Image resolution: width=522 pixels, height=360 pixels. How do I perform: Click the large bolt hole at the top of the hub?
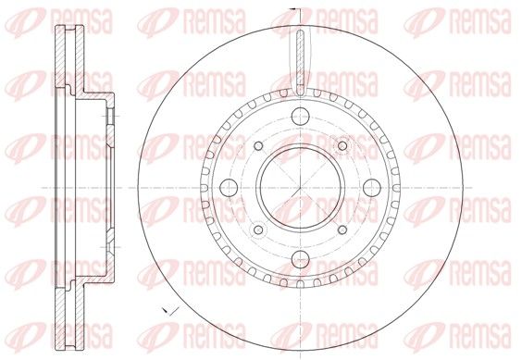300,117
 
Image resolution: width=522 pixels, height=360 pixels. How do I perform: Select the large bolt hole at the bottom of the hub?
300,259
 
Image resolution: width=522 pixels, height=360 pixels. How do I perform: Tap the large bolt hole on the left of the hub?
229,188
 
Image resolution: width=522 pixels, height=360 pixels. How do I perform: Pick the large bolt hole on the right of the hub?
372,188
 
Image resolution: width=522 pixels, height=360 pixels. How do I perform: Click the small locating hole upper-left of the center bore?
258,145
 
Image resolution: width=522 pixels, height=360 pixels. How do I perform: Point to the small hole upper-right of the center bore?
342,145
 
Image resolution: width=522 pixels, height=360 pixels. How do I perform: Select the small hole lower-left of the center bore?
258,230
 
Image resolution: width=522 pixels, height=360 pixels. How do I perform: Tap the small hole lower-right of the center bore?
342,230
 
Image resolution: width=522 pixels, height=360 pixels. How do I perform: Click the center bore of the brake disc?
300,188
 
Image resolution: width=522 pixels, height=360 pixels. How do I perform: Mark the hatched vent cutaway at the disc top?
300,62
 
